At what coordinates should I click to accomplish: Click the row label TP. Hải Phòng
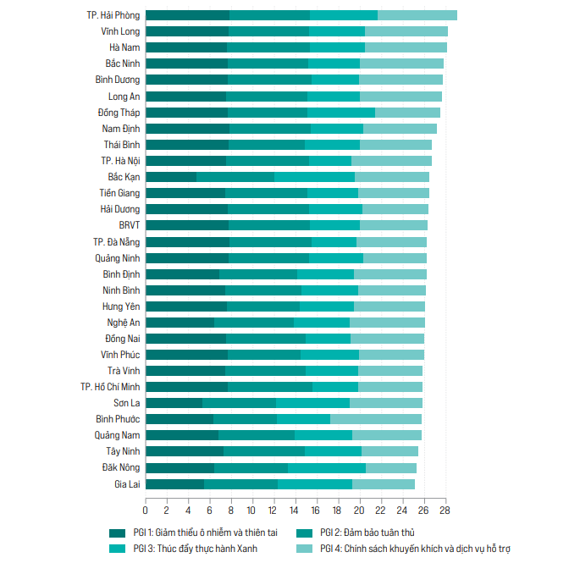coord(113,15)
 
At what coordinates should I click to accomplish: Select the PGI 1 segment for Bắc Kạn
coord(171,177)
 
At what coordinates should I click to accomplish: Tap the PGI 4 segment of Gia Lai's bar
coord(384,484)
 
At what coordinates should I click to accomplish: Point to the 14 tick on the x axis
coord(295,511)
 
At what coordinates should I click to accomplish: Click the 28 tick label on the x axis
coord(444,511)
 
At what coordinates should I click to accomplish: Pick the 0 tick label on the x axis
coord(146,511)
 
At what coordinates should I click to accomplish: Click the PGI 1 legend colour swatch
coord(117,533)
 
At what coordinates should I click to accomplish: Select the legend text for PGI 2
coord(368,533)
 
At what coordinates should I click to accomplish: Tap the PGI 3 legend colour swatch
coord(117,548)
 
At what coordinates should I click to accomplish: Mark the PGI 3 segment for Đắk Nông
coord(327,468)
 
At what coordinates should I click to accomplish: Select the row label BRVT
coord(130,225)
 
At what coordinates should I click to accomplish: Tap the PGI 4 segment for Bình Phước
coord(376,419)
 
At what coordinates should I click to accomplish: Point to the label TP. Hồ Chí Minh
coord(110,387)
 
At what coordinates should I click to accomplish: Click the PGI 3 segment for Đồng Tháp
coord(341,113)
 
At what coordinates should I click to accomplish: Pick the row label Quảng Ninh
coord(117,258)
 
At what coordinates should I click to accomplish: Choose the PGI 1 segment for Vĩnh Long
coord(187,31)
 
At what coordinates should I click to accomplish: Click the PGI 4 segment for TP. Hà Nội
coord(391,161)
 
